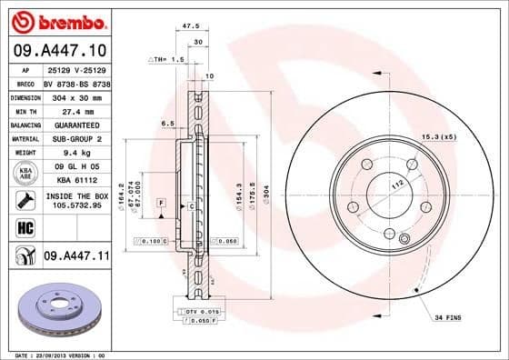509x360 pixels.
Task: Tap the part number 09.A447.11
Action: click(x=75, y=258)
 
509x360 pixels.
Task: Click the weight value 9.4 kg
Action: click(x=75, y=154)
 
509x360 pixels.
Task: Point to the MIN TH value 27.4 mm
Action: click(x=75, y=110)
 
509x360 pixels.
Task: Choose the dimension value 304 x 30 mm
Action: click(x=75, y=95)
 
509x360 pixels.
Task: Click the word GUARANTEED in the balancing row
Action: click(x=75, y=125)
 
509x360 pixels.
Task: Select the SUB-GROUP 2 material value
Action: click(x=75, y=139)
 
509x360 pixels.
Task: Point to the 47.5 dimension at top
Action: click(x=191, y=26)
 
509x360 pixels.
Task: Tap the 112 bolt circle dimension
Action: click(x=396, y=184)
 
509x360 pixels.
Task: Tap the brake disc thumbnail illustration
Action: click(x=56, y=309)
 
